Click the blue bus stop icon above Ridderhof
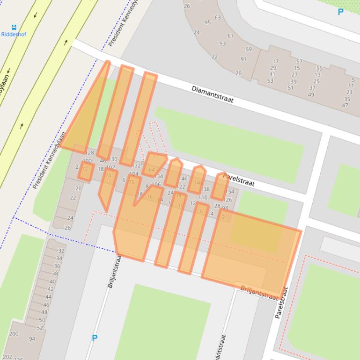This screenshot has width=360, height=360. coord(14,28)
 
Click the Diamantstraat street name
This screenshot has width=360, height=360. coord(212,94)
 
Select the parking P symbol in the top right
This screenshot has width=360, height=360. coord(340,12)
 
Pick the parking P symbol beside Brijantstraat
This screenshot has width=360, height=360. coord(95,338)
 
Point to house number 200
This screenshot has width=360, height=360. coord(14,334)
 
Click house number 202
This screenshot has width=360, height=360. coord(7,357)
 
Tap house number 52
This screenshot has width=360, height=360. coord(40,328)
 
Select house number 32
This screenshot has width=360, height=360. coord(61,251)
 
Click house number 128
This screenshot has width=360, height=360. coord(89,153)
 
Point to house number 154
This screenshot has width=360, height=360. coord(229,192)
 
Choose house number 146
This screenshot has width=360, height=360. coord(183,179)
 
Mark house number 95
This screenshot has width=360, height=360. coord(207,22)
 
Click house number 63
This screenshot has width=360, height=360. coord(218,18)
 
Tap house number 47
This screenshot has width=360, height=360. coord(345,105)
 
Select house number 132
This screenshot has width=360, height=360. coord(137,166)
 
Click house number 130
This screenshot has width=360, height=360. coord(113,159)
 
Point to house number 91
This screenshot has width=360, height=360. coord(243,59)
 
